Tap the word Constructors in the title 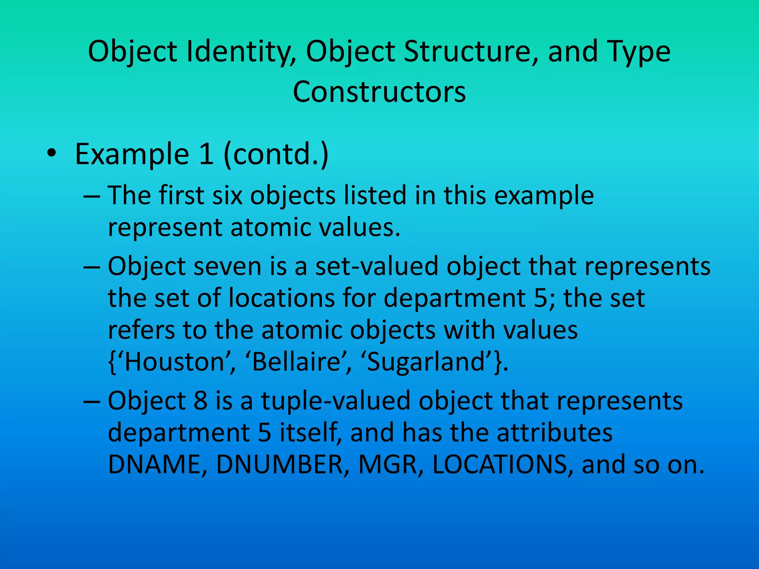[x=379, y=92]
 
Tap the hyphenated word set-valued [x=377, y=266]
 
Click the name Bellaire [x=296, y=362]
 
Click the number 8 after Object [x=200, y=401]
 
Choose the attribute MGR [x=390, y=465]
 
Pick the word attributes [x=554, y=433]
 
